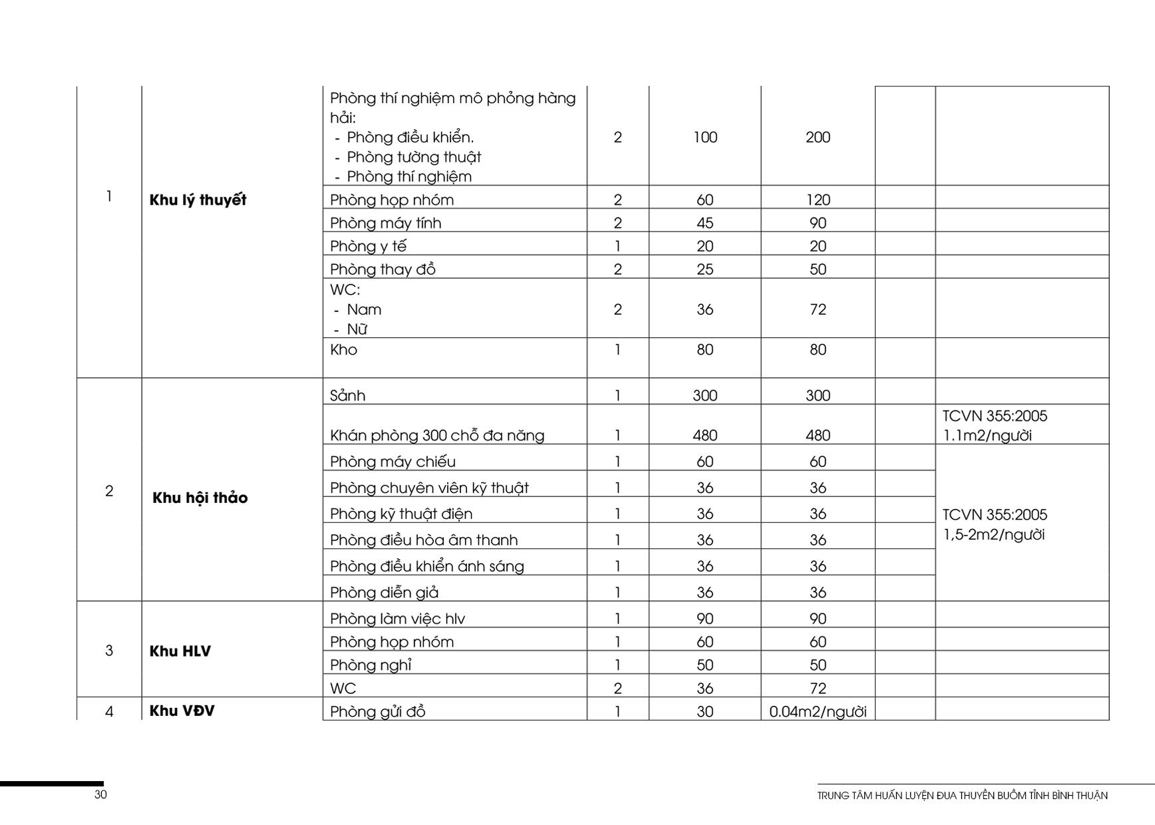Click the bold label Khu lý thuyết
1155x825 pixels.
[x=198, y=200]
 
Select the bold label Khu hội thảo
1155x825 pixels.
[x=200, y=498]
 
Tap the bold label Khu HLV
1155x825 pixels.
[x=180, y=651]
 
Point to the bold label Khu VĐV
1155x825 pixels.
[x=182, y=711]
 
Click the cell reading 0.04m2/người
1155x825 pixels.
[x=818, y=712]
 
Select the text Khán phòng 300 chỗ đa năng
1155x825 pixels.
[x=436, y=436]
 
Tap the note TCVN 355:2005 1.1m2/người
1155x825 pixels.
[x=994, y=426]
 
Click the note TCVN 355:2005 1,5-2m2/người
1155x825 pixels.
[x=994, y=525]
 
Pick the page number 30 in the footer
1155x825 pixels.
[x=100, y=794]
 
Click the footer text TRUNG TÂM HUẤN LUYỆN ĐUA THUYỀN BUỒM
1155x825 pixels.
[x=962, y=796]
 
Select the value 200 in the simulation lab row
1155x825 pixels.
[x=818, y=138]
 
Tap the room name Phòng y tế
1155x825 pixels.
[x=368, y=246]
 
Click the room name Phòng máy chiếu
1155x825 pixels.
[x=393, y=462]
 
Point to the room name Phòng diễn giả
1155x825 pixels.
[x=384, y=593]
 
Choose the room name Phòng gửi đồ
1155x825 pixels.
[x=377, y=712]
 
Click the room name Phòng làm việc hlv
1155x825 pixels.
[x=397, y=619]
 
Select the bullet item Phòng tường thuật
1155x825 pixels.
[x=413, y=158]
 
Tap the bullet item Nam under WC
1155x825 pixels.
[x=364, y=310]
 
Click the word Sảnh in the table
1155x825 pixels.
[x=347, y=396]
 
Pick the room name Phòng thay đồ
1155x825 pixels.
[x=383, y=269]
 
